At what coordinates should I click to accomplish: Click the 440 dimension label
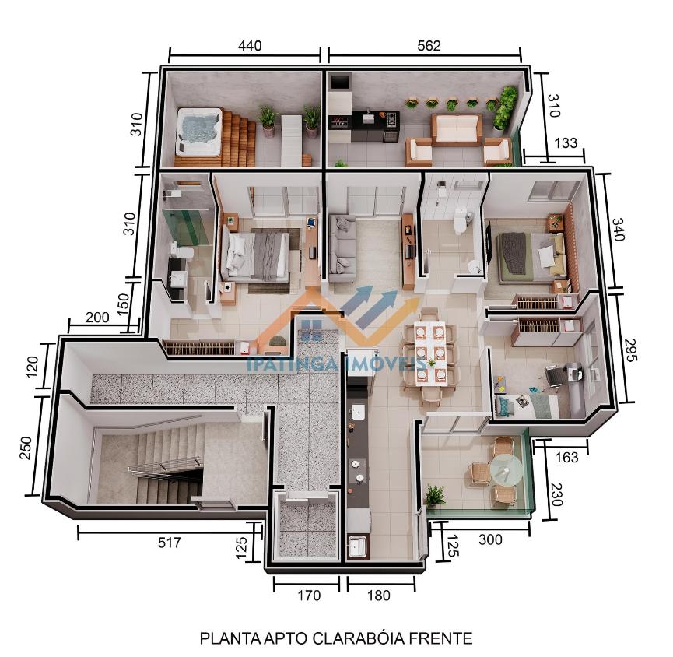pos(250,45)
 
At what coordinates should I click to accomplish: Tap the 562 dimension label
pos(429,45)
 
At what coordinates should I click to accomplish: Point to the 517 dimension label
pos(170,543)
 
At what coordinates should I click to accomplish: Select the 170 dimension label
pos(309,596)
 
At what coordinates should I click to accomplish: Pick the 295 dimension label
pos(629,350)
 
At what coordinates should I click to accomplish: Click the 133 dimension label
pos(566,142)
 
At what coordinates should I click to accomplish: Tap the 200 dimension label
pos(97,318)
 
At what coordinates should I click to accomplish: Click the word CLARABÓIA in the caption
pos(358,638)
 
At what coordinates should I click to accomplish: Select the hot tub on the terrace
pos(199,131)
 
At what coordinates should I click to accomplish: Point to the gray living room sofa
pos(342,249)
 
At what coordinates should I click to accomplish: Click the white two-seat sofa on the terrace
pos(457,130)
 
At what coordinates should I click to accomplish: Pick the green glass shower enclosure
pos(189,223)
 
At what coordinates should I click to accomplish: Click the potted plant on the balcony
pos(434,497)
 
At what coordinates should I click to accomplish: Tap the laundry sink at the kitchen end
pos(358,546)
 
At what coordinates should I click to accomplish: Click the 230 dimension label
pos(556,494)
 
